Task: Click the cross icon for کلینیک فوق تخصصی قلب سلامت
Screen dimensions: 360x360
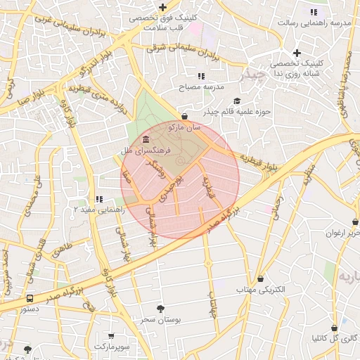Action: pyautogui.click(x=162, y=7)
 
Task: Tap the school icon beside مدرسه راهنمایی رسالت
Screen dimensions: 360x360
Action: pyautogui.click(x=314, y=12)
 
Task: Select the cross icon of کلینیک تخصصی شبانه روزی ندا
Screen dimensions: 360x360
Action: pyautogui.click(x=297, y=53)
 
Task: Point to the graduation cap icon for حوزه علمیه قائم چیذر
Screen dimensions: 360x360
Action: pyautogui.click(x=236, y=101)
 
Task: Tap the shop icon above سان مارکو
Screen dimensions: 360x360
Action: pyautogui.click(x=185, y=117)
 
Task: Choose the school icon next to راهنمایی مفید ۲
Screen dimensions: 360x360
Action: pyautogui.click(x=99, y=199)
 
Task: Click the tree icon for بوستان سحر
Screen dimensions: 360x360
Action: pyautogui.click(x=161, y=309)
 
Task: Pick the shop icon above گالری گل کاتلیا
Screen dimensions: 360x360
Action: pyautogui.click(x=334, y=328)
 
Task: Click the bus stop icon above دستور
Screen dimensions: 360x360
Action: pyautogui.click(x=29, y=298)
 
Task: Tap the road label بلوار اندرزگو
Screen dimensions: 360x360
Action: pyautogui.click(x=78, y=71)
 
